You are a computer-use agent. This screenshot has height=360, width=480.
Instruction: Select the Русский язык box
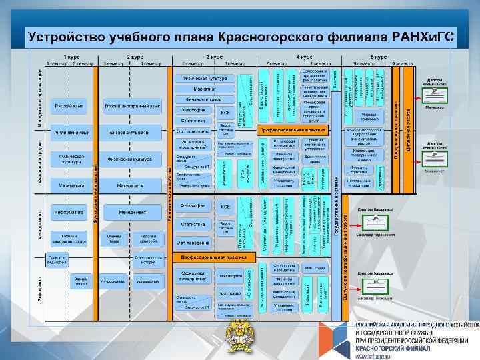coord(69,105)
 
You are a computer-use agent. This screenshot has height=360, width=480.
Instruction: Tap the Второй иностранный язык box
coord(133,105)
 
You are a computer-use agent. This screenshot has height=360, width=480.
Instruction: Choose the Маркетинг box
coord(205,89)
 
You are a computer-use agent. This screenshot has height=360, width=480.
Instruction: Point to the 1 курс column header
coord(69,57)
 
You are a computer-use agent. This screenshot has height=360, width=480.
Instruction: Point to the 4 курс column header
coord(304,57)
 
